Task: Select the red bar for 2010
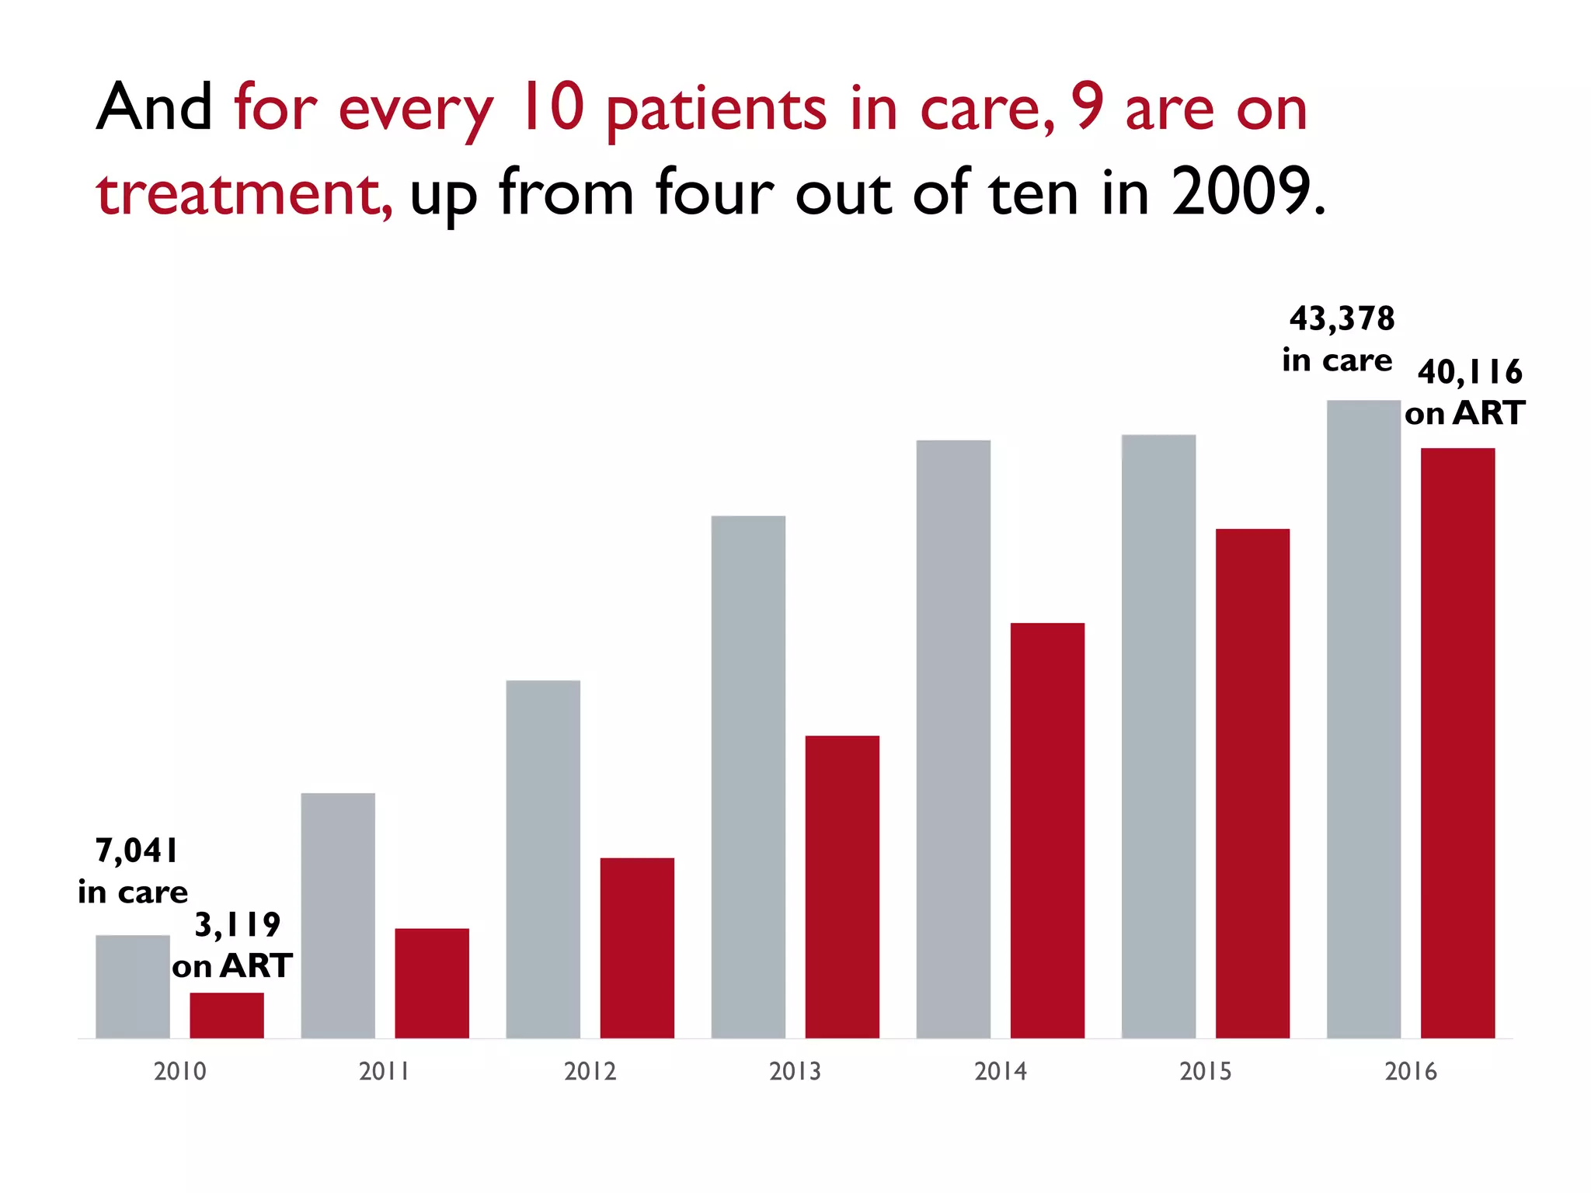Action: pos(227,1015)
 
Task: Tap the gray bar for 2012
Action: pos(543,859)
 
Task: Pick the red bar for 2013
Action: pos(842,886)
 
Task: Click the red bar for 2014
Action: pos(1047,830)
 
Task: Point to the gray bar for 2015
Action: pos(1158,736)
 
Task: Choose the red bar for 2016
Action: pos(1457,743)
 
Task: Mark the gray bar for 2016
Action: pos(1363,719)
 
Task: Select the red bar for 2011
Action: pos(432,983)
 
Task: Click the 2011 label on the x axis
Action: pos(385,1072)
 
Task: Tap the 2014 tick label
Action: pos(1001,1072)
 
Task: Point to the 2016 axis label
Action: pos(1411,1072)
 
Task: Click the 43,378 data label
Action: pos(1342,319)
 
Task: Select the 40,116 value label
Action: pos(1470,373)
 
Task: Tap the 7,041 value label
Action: pos(137,851)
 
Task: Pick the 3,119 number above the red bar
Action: pos(237,925)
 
